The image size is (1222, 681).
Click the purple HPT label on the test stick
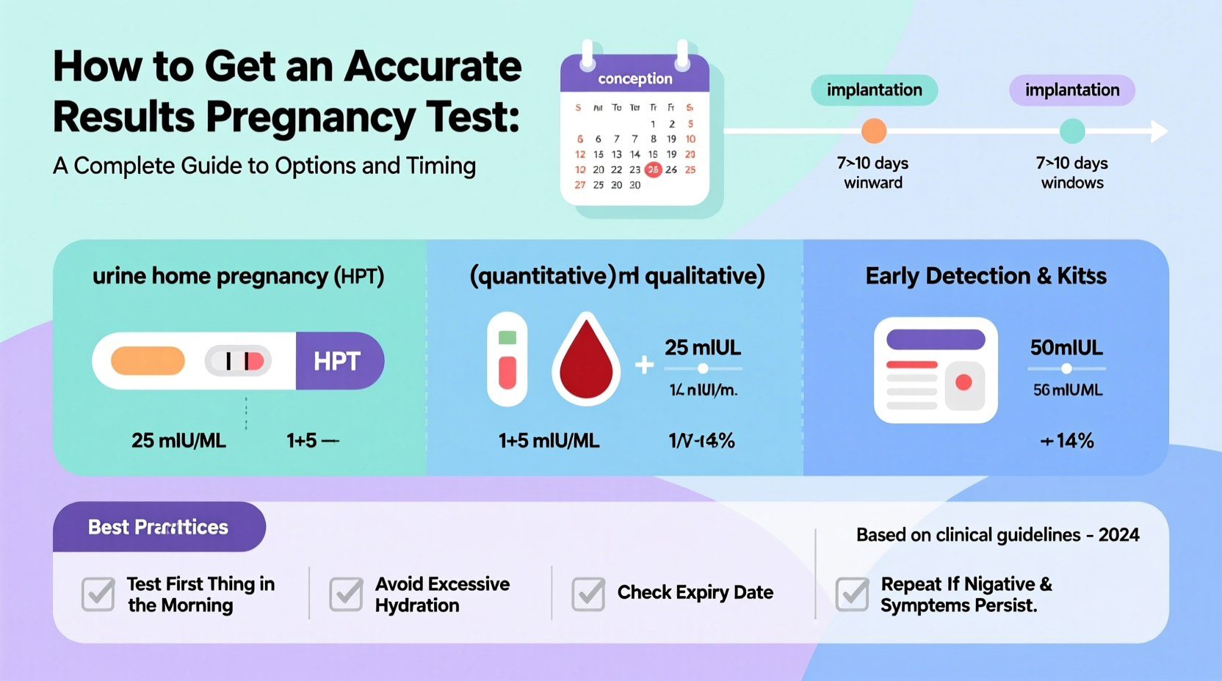pyautogui.click(x=339, y=361)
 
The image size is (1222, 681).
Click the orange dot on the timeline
pyautogui.click(x=873, y=131)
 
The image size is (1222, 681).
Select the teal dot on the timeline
pyautogui.click(x=1072, y=131)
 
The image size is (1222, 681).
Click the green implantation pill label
pyautogui.click(x=874, y=90)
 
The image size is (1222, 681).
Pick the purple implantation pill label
pyautogui.click(x=1071, y=90)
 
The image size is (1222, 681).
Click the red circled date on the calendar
pyautogui.click(x=653, y=170)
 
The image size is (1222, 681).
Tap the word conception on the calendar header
pyautogui.click(x=634, y=79)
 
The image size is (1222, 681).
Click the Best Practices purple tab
pyautogui.click(x=159, y=527)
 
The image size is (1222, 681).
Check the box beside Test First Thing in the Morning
pyautogui.click(x=98, y=594)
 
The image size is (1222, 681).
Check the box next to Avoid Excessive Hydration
pyautogui.click(x=346, y=594)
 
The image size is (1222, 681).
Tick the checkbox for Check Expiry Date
pyautogui.click(x=588, y=594)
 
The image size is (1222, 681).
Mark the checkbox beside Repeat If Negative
pyautogui.click(x=852, y=594)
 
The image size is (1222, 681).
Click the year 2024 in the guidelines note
pyautogui.click(x=1118, y=535)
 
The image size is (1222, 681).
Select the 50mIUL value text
pyautogui.click(x=1066, y=347)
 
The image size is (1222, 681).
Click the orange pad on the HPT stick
pyautogui.click(x=148, y=361)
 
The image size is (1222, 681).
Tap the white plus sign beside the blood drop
pyautogui.click(x=644, y=364)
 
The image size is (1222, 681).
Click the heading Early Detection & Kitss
pyautogui.click(x=986, y=276)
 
